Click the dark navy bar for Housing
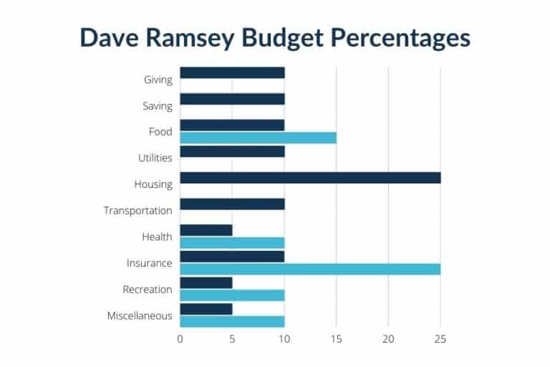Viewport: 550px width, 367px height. coord(310,178)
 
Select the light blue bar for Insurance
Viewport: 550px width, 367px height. coord(310,269)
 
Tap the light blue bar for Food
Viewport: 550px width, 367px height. coord(258,138)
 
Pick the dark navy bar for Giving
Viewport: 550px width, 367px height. coord(232,72)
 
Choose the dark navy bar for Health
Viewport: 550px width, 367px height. coord(206,230)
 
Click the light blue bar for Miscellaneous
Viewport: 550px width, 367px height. coord(232,321)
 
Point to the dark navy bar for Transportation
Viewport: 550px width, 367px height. coord(232,204)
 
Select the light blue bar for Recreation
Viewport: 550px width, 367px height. coord(232,295)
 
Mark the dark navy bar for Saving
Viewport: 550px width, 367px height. coord(232,99)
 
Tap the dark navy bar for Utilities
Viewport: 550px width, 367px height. coord(232,151)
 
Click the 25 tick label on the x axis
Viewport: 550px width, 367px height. coord(440,339)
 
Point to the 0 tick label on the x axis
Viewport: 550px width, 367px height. coord(180,339)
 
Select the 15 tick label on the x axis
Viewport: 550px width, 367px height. coord(336,339)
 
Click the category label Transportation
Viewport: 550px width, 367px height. coord(137,211)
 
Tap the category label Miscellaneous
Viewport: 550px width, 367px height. coord(140,315)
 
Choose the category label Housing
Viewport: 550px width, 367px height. coord(153,184)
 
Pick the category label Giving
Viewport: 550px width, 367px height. coord(158,80)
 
